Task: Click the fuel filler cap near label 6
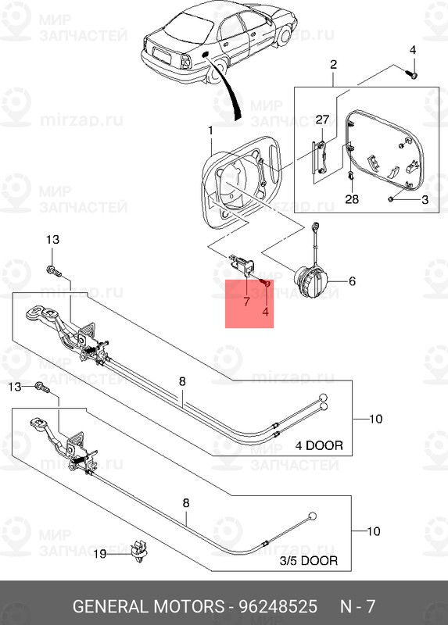pos(310,280)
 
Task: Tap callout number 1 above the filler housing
pos(210,130)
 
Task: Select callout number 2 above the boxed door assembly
pos(334,64)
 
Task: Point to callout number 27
pos(322,120)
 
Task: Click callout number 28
pos(352,198)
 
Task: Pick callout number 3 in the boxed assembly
pos(425,199)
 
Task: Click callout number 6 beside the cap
pos(352,281)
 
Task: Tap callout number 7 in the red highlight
pos(246,302)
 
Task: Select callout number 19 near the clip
pos(101,554)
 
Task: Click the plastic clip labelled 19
pos(139,552)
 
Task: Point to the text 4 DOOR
pos(319,445)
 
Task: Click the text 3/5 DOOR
pos(308,561)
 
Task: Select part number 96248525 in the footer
pos(278,606)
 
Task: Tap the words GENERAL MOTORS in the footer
pos(149,606)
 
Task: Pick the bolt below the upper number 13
pos(54,271)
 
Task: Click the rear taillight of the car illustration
pos(186,62)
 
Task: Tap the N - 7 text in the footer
pos(357,606)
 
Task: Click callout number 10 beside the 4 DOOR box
pos(375,419)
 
